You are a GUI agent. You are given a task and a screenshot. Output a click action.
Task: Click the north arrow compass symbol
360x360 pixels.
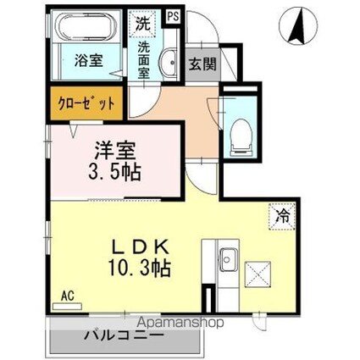[x=297, y=25]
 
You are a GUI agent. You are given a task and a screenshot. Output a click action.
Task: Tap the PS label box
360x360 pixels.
[x=173, y=14]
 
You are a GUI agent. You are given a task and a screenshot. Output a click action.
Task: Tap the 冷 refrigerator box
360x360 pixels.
[x=281, y=215]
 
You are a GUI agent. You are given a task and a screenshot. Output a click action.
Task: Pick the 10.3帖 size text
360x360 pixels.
[x=139, y=269]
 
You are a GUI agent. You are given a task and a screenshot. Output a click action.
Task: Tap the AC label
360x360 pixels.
[x=67, y=295]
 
